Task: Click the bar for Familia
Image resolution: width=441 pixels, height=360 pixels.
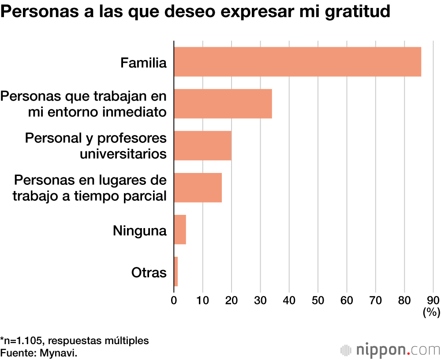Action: coord(297,62)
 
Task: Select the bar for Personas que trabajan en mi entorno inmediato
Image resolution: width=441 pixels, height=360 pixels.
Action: coord(223,104)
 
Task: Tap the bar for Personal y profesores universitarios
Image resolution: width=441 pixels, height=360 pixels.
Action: coord(202,146)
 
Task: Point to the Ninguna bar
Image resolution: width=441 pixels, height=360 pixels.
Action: coord(180,229)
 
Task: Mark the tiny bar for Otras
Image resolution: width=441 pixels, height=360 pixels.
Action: coord(176,271)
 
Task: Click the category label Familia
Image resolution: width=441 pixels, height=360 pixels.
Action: coord(143,63)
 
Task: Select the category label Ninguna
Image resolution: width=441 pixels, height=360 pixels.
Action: coord(140,230)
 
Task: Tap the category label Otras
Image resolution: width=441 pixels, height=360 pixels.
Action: coord(149,272)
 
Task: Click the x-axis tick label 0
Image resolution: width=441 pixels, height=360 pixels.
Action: coord(174,301)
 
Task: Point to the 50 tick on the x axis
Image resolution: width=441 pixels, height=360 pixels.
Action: coord(318,301)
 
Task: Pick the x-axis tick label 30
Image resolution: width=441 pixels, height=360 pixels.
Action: coord(260,301)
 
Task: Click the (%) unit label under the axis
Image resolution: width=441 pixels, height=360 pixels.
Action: coord(431,312)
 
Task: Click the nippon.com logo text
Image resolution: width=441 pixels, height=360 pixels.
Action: coord(397,350)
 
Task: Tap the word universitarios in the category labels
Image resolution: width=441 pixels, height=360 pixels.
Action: coord(123,154)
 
